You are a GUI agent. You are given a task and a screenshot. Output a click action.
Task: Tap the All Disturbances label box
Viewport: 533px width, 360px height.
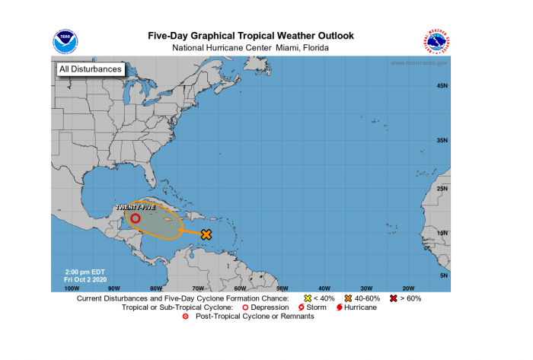point(90,69)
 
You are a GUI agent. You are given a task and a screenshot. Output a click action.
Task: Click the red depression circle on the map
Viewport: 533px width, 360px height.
point(135,218)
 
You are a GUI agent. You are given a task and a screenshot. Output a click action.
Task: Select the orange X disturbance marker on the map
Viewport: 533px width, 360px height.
point(206,234)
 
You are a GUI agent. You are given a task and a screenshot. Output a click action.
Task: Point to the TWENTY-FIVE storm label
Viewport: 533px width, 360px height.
point(136,207)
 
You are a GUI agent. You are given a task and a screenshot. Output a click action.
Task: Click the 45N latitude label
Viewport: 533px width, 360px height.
point(441,86)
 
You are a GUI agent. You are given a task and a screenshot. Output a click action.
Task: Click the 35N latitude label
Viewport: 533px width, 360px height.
point(441,141)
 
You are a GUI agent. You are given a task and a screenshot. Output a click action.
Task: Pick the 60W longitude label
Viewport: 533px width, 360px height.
point(239,288)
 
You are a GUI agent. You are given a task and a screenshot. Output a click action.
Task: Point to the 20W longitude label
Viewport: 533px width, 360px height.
point(407,288)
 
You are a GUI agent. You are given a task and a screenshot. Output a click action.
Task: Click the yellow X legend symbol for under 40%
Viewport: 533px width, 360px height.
point(308,298)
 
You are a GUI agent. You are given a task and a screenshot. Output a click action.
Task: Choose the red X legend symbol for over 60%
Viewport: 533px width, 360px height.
point(393,298)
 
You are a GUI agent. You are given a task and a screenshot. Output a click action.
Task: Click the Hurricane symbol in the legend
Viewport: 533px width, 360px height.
point(339,307)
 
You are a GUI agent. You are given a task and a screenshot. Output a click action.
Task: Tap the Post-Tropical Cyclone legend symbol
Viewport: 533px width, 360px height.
point(185,317)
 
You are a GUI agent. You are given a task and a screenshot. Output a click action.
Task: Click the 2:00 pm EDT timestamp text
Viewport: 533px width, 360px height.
point(85,272)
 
